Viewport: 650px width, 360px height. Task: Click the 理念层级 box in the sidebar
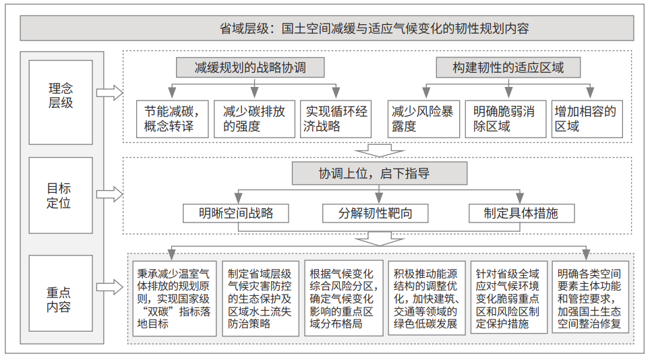61,102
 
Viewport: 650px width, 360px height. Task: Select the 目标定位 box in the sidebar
61,195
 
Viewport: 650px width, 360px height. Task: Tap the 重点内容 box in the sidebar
61,293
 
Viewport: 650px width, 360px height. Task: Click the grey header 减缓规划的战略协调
250,67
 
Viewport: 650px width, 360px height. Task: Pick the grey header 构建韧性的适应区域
508,67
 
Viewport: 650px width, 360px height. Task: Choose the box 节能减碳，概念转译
173,119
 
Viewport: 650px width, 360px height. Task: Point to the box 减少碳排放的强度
254,119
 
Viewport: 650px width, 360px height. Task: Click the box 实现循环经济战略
335,119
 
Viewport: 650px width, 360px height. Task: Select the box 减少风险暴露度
423,119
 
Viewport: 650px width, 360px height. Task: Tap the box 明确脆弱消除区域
505,119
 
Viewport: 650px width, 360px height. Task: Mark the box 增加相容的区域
587,119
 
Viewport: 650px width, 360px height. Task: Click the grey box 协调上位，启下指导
380,173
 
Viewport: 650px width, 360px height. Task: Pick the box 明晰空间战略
236,213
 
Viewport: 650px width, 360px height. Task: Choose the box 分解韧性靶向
375,213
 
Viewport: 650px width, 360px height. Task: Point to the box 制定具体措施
521,213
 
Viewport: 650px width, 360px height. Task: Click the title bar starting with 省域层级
326,28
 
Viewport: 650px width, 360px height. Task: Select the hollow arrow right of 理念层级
109,92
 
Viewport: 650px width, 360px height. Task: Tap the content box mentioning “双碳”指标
175,298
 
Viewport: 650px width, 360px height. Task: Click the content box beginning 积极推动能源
427,297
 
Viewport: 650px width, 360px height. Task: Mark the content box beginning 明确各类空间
590,297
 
